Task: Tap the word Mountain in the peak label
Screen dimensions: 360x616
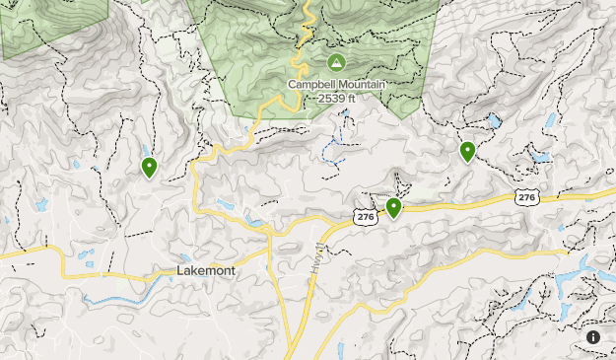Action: [362, 85]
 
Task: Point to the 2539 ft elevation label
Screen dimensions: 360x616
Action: [337, 98]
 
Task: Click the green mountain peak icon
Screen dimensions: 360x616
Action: [335, 63]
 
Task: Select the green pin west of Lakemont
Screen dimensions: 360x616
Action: [149, 167]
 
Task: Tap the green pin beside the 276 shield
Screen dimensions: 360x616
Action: [393, 207]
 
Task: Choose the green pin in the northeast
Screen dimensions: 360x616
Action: [467, 151]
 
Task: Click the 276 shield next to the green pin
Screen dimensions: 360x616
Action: [366, 216]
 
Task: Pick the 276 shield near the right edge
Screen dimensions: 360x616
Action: [526, 198]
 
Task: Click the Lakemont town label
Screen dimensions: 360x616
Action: [205, 270]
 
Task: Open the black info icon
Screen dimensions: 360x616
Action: [593, 337]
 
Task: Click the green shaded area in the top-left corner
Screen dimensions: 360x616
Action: [39, 25]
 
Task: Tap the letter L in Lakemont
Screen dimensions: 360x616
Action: [180, 270]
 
